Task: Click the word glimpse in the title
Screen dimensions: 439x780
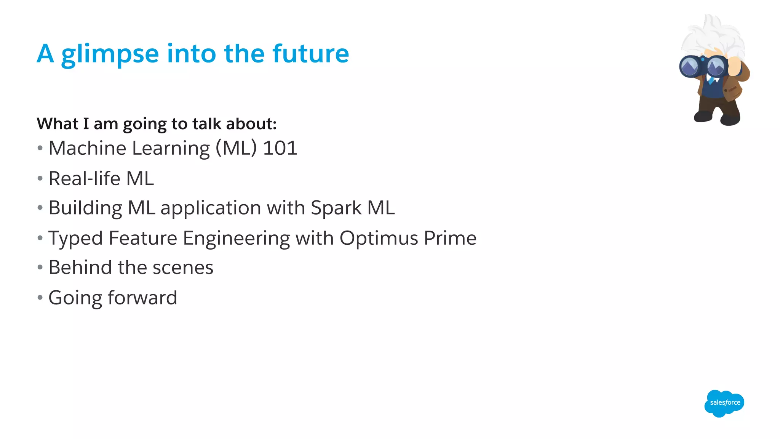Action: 110,54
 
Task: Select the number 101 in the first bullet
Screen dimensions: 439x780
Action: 280,148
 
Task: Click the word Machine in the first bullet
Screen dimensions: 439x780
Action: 87,148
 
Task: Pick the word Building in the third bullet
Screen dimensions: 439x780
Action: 85,208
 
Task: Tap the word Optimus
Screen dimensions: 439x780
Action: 379,239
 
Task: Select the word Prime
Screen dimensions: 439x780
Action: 450,238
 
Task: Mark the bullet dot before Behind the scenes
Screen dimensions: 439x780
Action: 40,268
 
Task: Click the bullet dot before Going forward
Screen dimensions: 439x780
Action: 40,298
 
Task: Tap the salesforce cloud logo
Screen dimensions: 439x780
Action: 724,403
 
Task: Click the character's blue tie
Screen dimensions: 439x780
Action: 711,80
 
